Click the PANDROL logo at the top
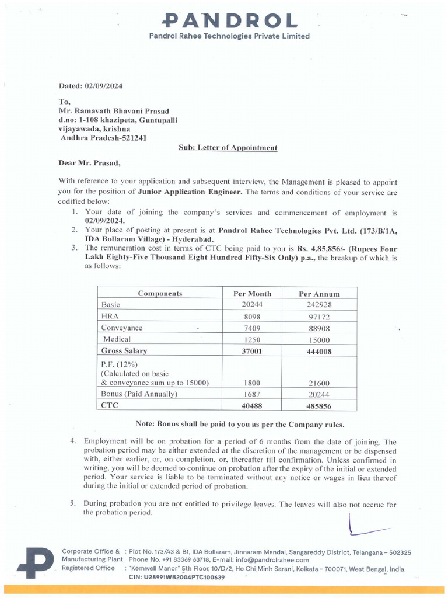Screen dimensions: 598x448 [229, 22]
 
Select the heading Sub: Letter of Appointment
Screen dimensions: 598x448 [228, 148]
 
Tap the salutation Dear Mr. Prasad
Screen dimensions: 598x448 [89, 163]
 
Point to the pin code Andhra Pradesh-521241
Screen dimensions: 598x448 [104, 138]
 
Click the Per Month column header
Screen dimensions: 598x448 [252, 294]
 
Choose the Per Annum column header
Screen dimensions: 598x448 [319, 294]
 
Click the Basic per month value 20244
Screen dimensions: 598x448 [252, 305]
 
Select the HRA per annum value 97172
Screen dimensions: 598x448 [319, 316]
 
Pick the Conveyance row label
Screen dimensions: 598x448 [122, 328]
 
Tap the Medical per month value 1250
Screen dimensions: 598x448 [252, 339]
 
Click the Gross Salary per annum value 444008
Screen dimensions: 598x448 [319, 351]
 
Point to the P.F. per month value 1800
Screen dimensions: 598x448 [252, 383]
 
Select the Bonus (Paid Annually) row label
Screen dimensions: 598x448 [139, 394]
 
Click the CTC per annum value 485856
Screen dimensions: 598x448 [319, 405]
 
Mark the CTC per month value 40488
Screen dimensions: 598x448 [252, 405]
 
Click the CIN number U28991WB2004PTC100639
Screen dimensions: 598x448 [176, 577]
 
